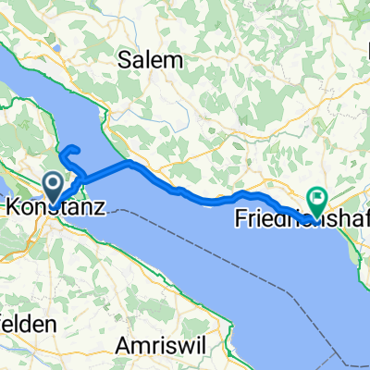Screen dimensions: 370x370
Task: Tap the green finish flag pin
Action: [318, 196]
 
